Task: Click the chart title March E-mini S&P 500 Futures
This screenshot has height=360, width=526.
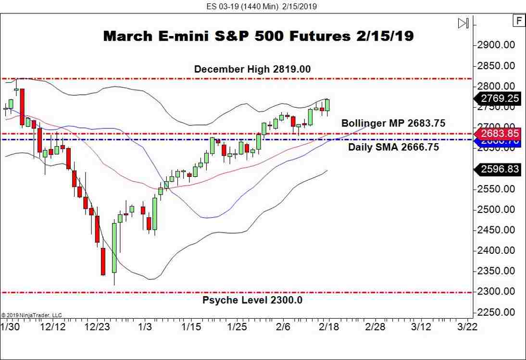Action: [x=258, y=36]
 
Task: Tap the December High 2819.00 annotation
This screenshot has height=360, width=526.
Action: [x=252, y=69]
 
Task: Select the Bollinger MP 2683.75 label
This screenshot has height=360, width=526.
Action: [x=393, y=124]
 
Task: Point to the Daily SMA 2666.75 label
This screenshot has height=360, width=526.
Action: [x=393, y=148]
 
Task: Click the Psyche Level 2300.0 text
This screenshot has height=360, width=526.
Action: [x=252, y=300]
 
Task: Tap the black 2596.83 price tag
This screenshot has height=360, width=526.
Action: [x=498, y=169]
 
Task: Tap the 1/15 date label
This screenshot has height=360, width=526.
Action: [x=191, y=327]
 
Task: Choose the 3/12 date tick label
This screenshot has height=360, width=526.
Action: [x=421, y=327]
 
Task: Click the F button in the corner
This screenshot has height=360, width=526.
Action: [x=519, y=21]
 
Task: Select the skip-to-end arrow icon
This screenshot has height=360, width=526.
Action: [x=463, y=23]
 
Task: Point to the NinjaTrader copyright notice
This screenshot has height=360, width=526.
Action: [x=32, y=315]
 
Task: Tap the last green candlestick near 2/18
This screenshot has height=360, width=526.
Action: [x=327, y=105]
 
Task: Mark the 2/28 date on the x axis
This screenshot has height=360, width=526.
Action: [x=375, y=327]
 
